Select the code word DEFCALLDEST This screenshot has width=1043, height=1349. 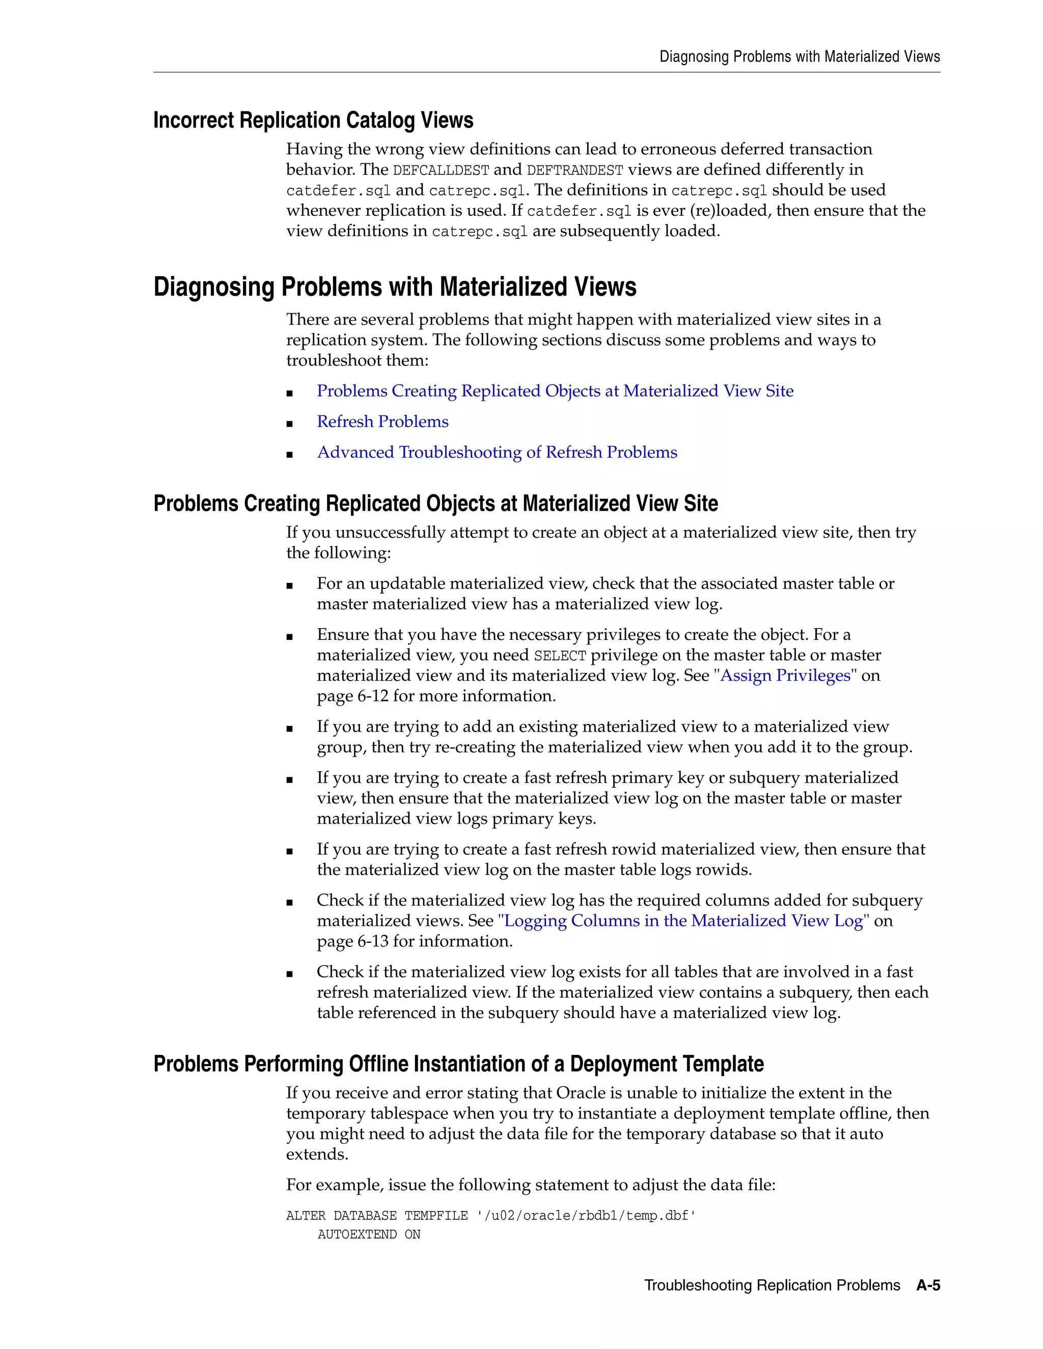[441, 171]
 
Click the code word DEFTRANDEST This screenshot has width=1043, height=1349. [574, 171]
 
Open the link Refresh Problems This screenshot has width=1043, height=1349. [382, 421]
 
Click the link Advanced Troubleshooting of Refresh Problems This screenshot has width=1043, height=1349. [497, 452]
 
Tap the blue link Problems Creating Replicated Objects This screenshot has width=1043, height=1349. [555, 391]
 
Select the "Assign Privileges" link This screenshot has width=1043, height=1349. [785, 675]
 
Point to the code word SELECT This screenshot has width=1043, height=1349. [559, 655]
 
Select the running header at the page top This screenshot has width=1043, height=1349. [800, 57]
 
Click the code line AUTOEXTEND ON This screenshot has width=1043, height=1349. [369, 1234]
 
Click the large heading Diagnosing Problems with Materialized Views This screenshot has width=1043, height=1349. [394, 287]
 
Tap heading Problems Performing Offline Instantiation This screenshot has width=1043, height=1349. [458, 1063]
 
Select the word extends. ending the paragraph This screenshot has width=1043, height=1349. [317, 1155]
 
